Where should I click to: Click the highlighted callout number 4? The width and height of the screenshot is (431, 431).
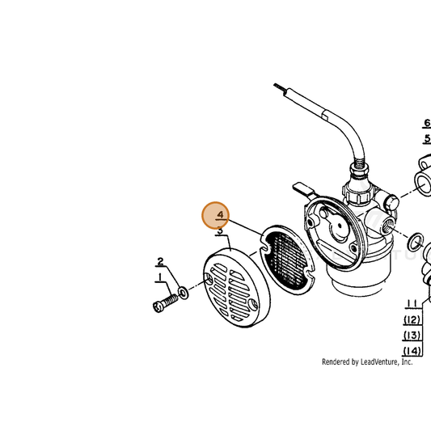[x=221, y=214]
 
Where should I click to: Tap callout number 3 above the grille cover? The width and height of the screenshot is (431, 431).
[x=221, y=230]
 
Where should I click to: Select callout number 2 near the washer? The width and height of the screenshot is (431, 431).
[x=160, y=261]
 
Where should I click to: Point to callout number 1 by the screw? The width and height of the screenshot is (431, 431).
[x=160, y=277]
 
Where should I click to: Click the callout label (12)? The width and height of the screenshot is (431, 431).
[x=412, y=320]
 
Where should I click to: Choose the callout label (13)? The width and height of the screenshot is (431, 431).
[x=412, y=336]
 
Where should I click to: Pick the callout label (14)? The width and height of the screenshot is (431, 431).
[x=412, y=351]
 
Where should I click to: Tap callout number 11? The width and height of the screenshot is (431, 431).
[x=412, y=304]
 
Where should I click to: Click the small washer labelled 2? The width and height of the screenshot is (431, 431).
[x=183, y=293]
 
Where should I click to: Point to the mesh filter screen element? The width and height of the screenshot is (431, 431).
[x=287, y=260]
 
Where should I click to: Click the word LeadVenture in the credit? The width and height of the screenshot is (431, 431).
[x=379, y=361]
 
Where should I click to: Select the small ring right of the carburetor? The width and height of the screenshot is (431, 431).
[x=415, y=242]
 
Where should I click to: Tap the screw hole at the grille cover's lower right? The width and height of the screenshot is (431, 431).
[x=253, y=304]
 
